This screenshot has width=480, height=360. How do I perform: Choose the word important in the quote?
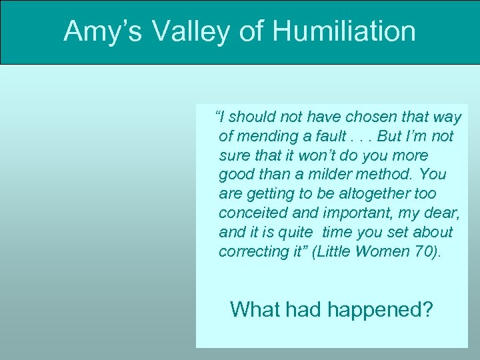(354, 213)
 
